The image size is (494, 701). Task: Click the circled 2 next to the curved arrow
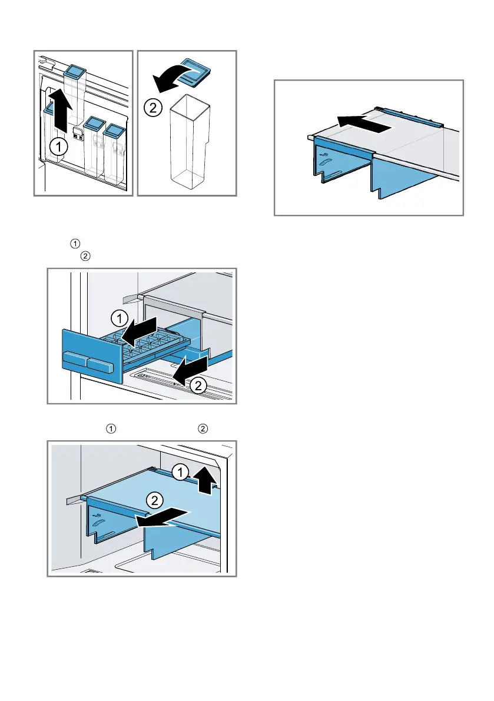point(152,108)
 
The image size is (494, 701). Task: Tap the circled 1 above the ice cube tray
point(118,320)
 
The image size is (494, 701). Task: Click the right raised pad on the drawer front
point(100,366)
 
